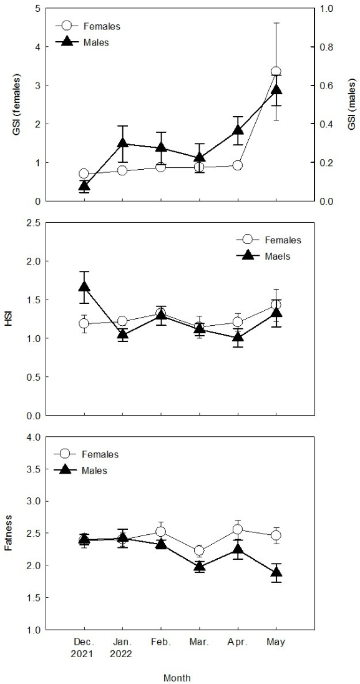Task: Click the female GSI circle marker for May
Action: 276,72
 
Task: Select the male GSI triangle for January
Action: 123,143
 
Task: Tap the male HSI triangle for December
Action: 84,286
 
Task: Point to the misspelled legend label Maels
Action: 278,256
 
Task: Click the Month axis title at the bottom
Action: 177,678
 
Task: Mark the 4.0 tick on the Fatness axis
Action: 34,437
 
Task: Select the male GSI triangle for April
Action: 238,130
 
